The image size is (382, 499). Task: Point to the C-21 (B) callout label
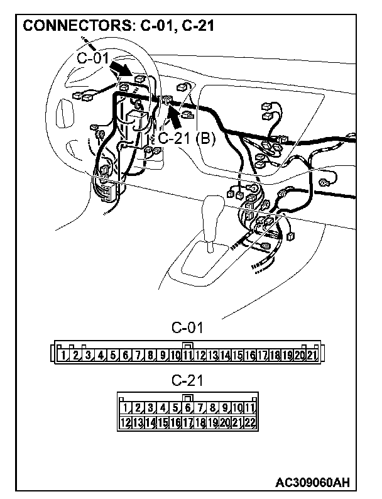186,138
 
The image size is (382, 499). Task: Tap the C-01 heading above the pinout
187,327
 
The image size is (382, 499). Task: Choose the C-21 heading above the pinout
187,380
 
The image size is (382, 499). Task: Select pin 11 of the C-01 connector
188,355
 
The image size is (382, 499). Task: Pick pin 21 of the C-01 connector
312,355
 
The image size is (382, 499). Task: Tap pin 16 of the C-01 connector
250,355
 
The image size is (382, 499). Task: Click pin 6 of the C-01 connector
126,355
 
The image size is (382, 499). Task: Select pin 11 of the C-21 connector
250,409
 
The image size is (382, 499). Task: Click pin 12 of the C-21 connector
125,422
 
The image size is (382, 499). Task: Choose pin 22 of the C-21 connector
250,422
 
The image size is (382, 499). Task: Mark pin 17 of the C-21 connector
187,422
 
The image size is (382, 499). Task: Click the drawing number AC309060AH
312,482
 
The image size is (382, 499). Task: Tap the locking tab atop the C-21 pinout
187,397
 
